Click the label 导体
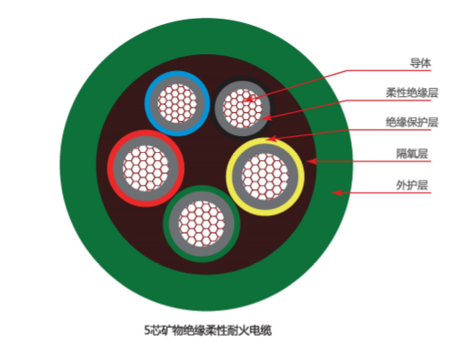[421, 63]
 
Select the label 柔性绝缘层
[412, 92]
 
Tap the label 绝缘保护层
[412, 122]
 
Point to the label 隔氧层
[413, 154]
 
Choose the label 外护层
[413, 186]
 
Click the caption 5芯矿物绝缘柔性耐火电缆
[208, 331]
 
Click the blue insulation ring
[148, 103]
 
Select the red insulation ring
[110, 168]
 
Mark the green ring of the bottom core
[166, 224]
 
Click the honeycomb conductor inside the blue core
[177, 103]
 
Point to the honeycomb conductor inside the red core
[146, 168]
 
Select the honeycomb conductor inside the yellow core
[265, 177]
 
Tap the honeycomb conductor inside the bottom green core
[202, 224]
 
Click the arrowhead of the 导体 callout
[249, 100]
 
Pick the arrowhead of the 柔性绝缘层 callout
[267, 117]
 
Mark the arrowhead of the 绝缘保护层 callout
[270, 139]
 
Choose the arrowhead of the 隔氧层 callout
[311, 161]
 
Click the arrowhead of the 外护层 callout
[337, 193]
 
